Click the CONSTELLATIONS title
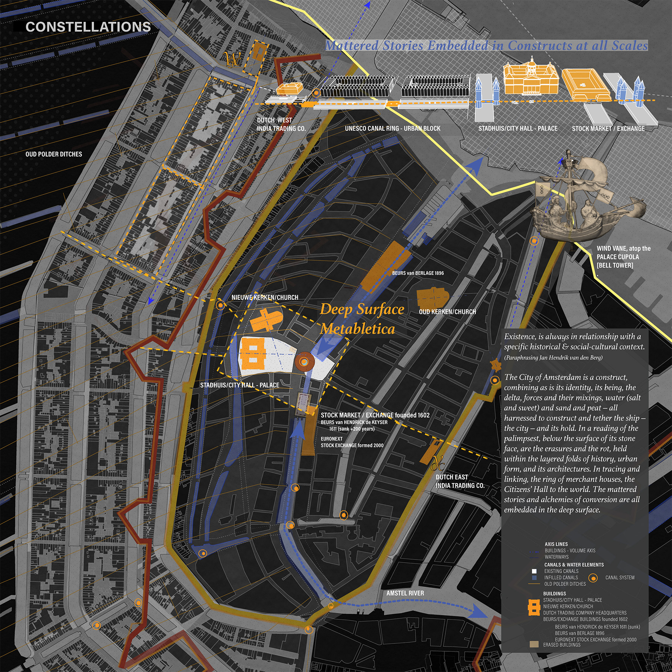click(88, 27)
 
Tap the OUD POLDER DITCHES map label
click(54, 154)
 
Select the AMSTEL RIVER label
click(405, 593)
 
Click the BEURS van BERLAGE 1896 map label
click(418, 273)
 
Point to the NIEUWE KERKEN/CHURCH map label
click(265, 297)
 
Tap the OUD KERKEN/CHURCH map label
click(447, 312)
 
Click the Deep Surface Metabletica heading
click(361, 319)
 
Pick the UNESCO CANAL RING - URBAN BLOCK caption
click(393, 128)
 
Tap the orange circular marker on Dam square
click(304, 362)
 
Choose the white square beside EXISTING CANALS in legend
click(534, 571)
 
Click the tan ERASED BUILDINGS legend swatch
click(534, 645)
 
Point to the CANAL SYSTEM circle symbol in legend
click(593, 578)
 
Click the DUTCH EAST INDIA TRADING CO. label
click(460, 481)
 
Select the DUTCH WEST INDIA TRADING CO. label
click(281, 124)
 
